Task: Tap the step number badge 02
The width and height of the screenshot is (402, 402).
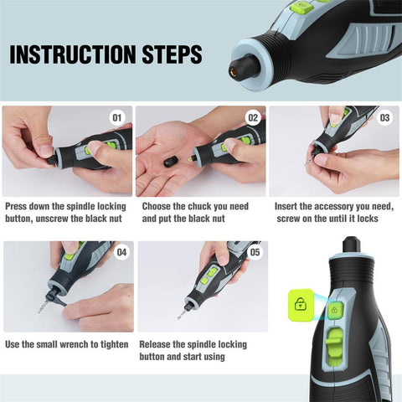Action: click(x=253, y=118)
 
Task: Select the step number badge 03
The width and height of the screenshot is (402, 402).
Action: click(x=385, y=118)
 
